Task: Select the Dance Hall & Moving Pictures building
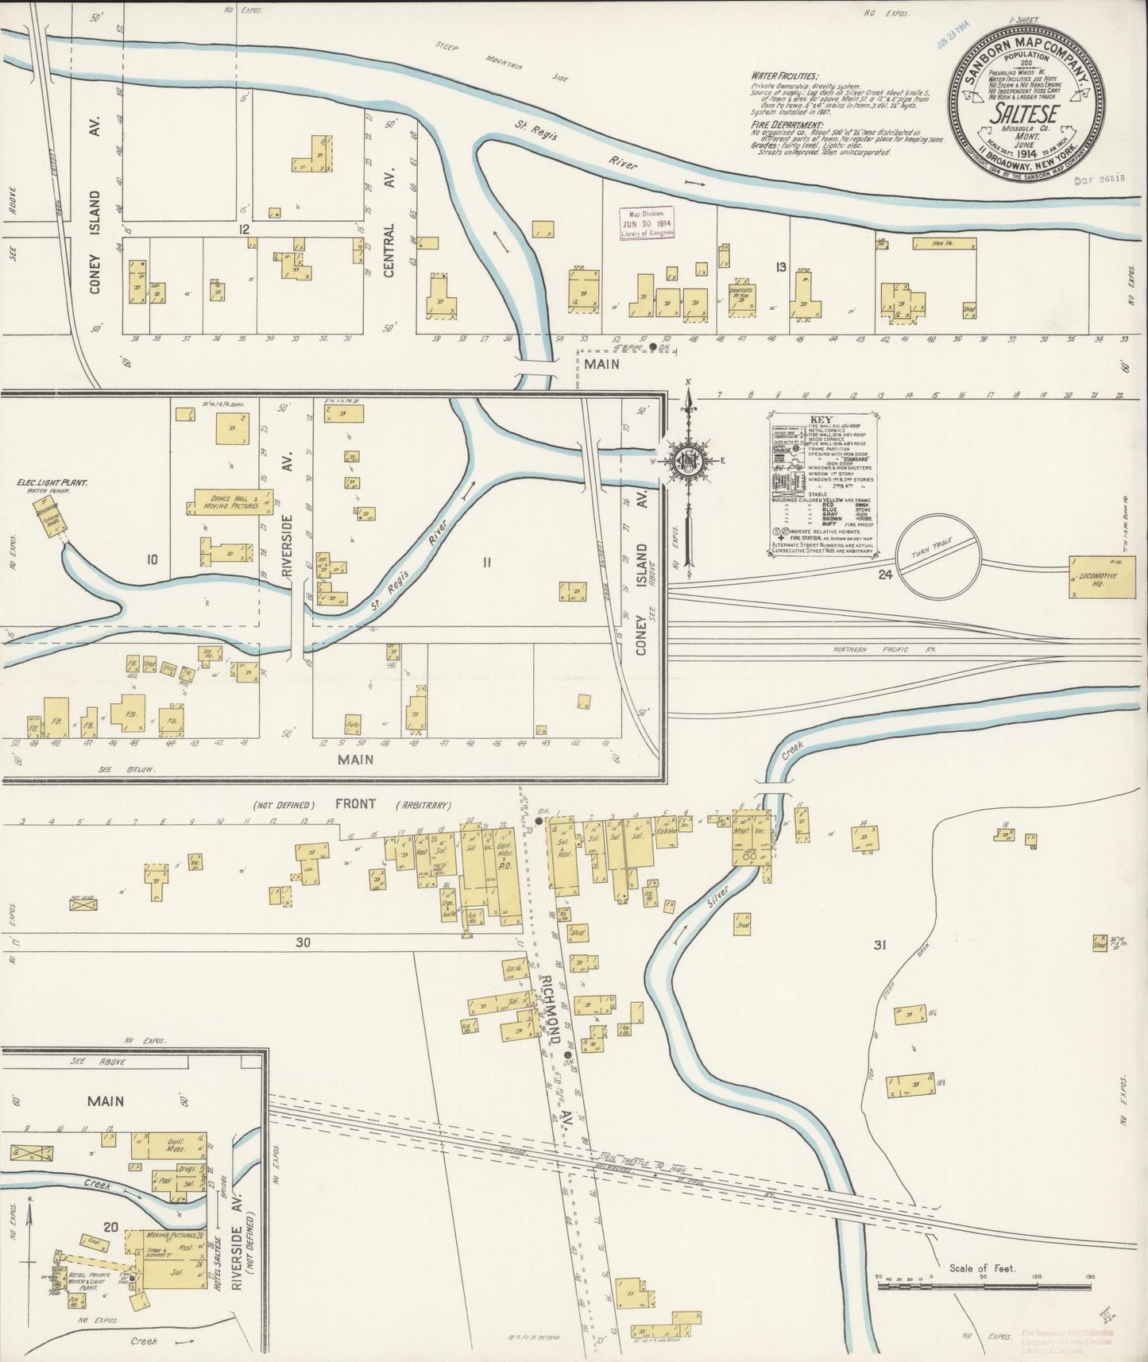click(x=232, y=502)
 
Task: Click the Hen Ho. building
click(x=943, y=244)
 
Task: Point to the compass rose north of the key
click(x=687, y=461)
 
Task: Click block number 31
click(x=879, y=945)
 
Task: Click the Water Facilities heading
click(x=783, y=75)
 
